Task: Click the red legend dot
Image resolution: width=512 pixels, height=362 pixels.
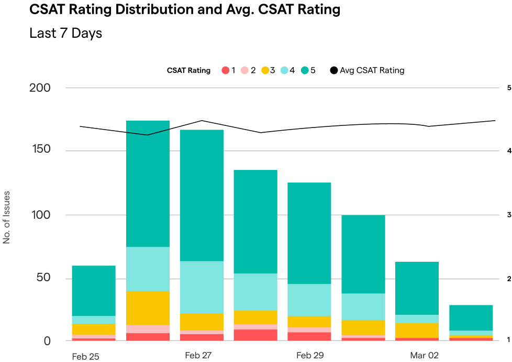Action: (x=226, y=70)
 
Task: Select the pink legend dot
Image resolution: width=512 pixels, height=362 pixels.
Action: (x=244, y=70)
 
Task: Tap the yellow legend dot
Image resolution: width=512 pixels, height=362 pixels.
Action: (x=265, y=70)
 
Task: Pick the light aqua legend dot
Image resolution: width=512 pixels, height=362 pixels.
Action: (x=284, y=70)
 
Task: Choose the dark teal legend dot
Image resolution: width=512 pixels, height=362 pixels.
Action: (x=305, y=70)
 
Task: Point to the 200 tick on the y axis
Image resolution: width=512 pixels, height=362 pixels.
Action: (x=40, y=88)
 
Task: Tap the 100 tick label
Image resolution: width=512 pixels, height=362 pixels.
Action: (x=40, y=215)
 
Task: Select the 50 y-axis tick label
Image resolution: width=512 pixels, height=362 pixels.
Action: (x=44, y=278)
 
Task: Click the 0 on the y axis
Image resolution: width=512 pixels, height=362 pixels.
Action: (x=48, y=340)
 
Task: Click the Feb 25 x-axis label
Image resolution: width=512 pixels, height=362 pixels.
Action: (x=85, y=357)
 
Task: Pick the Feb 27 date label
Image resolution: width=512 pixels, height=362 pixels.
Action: (x=198, y=355)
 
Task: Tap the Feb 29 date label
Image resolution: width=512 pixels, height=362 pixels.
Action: (x=310, y=355)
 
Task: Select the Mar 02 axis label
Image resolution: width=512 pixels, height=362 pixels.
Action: (x=424, y=355)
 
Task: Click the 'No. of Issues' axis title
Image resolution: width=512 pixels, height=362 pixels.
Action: (x=7, y=217)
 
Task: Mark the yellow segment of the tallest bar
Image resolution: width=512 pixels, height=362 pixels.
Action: (x=148, y=308)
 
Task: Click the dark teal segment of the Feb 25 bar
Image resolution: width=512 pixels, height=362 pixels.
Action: (x=94, y=290)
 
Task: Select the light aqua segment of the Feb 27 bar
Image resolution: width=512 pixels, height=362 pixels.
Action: (x=202, y=287)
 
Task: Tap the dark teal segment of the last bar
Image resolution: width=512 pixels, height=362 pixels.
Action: (x=471, y=317)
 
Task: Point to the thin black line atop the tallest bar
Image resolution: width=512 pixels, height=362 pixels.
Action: (x=148, y=134)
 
